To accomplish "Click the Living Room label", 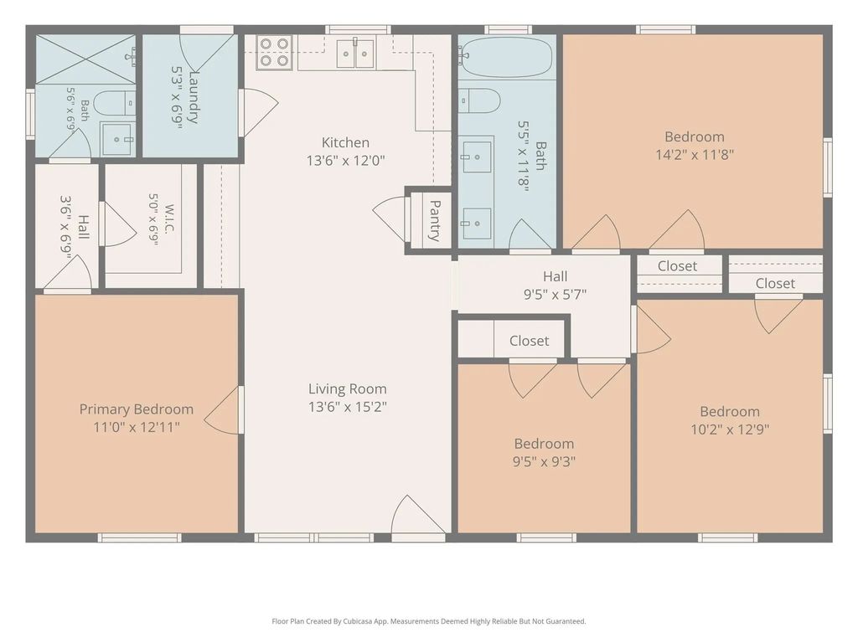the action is [x=348, y=388].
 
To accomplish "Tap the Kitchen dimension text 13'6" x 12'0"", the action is [x=346, y=161].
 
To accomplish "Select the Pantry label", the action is [x=435, y=221].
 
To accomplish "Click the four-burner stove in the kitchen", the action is [x=274, y=53].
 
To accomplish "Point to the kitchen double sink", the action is [x=355, y=53].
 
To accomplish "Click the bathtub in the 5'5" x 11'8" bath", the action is [x=506, y=57].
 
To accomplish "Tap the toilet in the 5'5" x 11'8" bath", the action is [x=479, y=101].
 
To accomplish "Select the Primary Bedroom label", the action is [x=137, y=409].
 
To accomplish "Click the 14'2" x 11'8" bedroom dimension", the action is [x=695, y=155].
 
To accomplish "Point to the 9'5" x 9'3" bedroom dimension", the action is [x=544, y=462].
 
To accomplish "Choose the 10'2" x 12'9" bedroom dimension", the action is [x=730, y=430].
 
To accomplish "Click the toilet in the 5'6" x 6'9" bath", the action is [x=114, y=102].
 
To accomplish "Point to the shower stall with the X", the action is [x=85, y=59].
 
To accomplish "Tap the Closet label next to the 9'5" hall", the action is [x=530, y=341].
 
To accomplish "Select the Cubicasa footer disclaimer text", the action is [x=429, y=621].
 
